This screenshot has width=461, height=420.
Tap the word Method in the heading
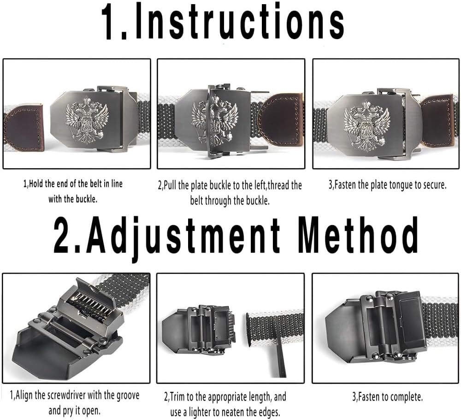tap(358, 235)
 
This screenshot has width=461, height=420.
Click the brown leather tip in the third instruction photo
tap(437, 121)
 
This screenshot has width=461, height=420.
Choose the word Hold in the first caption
tap(36, 184)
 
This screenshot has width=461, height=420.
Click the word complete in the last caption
tap(406, 397)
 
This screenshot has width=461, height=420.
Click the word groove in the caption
tap(128, 396)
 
